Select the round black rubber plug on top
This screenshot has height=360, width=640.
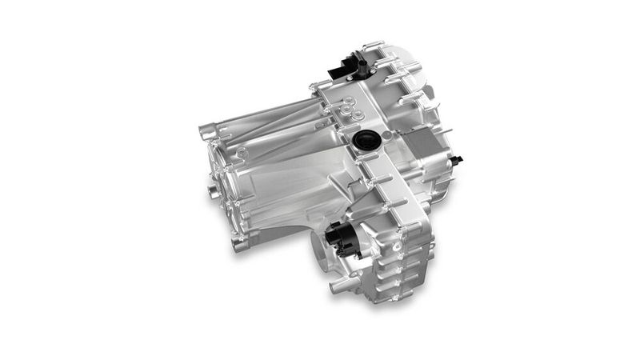[x=367, y=141]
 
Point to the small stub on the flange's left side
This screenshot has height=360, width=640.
[x=209, y=188]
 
